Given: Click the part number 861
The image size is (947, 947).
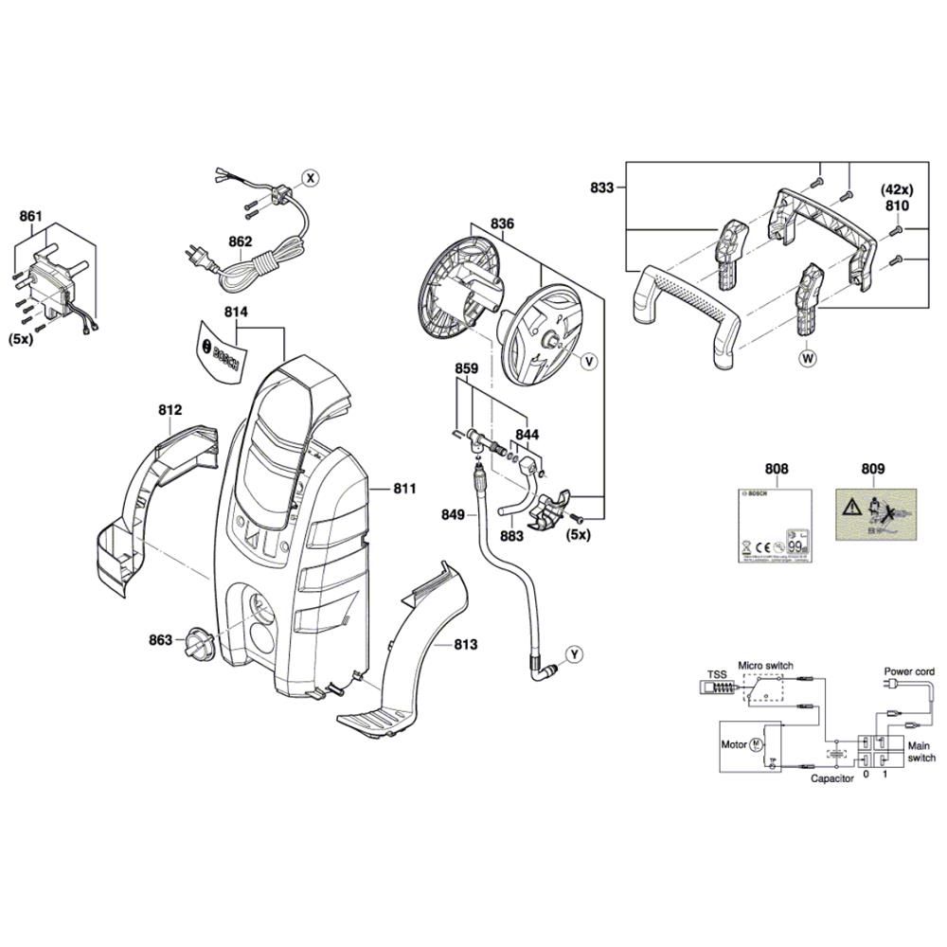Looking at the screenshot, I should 31,216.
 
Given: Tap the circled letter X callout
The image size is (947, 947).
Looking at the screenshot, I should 310,177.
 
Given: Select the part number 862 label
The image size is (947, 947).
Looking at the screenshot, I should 240,241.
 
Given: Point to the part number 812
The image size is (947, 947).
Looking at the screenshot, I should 170,410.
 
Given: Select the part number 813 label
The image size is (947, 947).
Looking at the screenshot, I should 465,644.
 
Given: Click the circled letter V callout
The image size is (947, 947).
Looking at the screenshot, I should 587,362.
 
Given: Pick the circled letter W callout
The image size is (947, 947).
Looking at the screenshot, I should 808,358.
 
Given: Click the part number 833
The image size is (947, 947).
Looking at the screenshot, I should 601,188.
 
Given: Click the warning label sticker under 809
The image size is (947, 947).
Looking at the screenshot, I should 873,517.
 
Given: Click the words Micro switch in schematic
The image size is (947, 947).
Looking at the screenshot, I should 765,667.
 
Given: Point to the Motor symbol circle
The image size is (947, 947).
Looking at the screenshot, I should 757,744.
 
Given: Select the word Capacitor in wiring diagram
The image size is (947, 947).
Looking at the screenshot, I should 832,777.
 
